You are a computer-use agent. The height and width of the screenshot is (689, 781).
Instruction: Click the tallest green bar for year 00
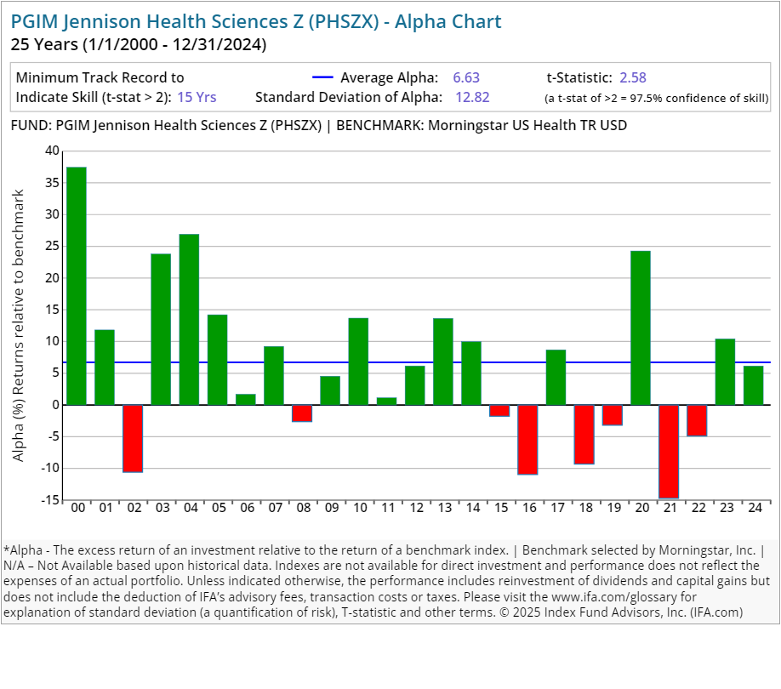77,286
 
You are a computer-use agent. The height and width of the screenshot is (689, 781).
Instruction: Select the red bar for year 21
669,451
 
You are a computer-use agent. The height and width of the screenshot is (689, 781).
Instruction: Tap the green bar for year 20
641,327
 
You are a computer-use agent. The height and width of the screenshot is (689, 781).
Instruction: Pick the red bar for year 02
133,438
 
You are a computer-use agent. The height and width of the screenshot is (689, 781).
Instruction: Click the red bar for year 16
527,439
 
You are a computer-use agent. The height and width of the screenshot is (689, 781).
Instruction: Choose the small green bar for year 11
387,401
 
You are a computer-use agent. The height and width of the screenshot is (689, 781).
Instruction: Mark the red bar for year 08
302,413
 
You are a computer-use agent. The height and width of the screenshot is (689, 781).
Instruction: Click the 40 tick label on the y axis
53,151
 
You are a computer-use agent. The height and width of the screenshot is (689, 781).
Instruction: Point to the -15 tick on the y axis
50,500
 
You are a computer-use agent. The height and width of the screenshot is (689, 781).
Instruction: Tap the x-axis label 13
443,509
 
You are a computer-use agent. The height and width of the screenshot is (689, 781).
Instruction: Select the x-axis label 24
753,509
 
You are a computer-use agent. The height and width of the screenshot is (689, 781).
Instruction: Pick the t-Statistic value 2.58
633,77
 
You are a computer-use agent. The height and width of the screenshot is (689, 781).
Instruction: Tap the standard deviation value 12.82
472,97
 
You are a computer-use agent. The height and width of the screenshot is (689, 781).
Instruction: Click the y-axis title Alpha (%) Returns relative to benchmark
19,325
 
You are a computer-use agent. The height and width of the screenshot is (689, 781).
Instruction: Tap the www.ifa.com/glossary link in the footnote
607,596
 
